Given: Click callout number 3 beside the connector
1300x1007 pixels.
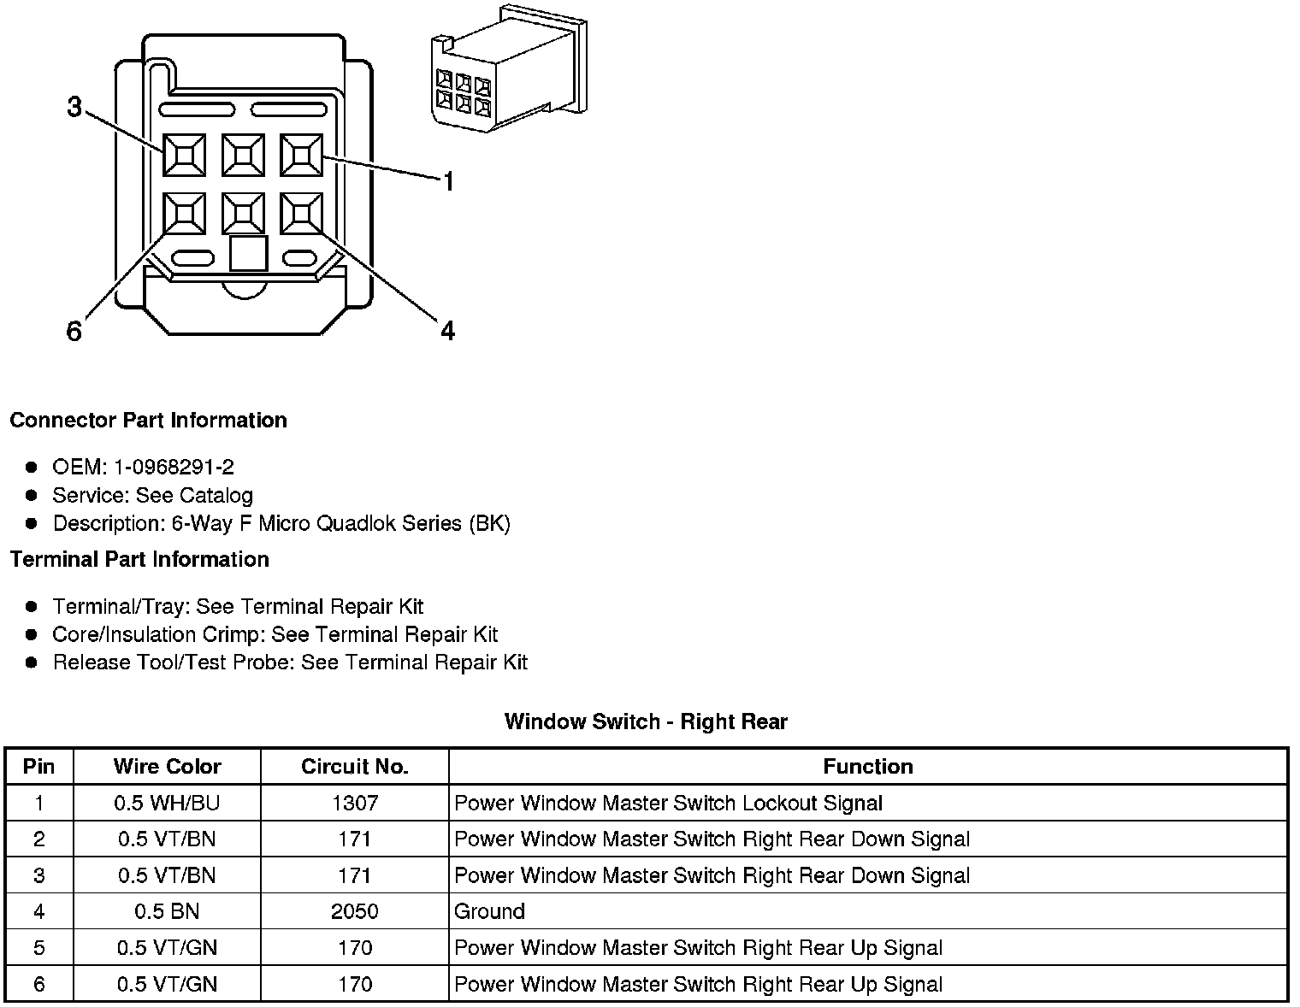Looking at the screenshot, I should [74, 108].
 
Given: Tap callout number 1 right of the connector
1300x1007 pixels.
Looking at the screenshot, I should [447, 181].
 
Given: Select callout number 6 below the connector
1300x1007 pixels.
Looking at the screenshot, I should [74, 332].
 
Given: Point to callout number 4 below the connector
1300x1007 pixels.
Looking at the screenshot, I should [447, 332].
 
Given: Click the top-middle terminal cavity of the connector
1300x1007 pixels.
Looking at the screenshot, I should [243, 155].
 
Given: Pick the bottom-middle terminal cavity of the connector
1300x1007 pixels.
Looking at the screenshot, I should [243, 213].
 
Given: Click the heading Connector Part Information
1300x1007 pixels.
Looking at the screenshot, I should [148, 421].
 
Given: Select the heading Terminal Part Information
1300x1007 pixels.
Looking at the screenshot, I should [139, 560].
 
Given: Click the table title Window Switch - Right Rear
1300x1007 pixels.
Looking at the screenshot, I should [646, 722].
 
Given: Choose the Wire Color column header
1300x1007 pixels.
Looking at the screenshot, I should [167, 767].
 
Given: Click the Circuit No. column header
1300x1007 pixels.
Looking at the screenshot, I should [354, 767].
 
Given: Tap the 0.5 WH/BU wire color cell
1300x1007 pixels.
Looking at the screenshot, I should [167, 804].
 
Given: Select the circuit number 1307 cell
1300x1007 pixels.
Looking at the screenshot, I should [354, 804].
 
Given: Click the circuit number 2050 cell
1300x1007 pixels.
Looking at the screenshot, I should [354, 911].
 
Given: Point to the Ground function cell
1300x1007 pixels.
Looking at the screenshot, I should [489, 911].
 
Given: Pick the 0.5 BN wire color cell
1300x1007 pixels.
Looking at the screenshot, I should [167, 911].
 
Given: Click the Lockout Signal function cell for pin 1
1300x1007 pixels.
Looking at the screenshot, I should [668, 804].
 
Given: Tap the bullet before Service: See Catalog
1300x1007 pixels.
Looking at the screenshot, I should [32, 496].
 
